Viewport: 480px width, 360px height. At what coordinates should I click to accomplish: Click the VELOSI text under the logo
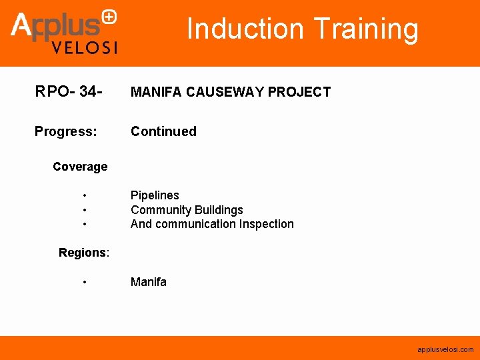(x=85, y=47)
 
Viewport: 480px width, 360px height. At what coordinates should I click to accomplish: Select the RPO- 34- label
(x=69, y=91)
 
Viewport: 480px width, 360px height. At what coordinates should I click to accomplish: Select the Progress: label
(x=65, y=131)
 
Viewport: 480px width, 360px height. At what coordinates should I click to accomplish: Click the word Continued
(x=163, y=131)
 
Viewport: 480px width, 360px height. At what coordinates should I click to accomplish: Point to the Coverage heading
(x=80, y=167)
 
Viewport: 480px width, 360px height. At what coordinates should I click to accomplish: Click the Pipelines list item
(x=155, y=195)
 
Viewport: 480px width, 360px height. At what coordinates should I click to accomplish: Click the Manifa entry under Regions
(x=149, y=282)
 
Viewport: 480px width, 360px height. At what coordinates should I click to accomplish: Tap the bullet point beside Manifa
(x=85, y=283)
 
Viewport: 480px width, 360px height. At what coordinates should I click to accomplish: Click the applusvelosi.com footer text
(x=445, y=349)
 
